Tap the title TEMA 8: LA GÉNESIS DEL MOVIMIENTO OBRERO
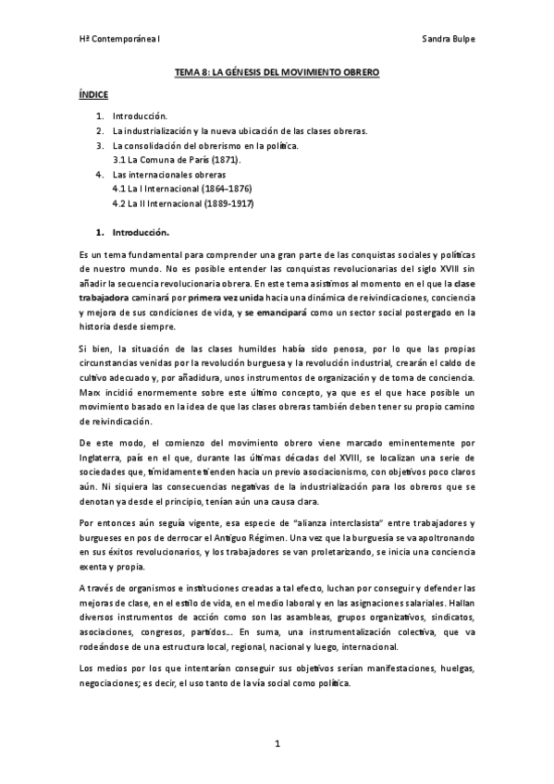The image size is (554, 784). click(x=277, y=72)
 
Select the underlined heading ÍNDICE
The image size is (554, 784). click(x=93, y=95)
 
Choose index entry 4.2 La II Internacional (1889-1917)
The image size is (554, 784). click(x=182, y=202)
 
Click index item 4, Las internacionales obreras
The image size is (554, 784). click(x=154, y=175)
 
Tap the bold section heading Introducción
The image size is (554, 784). click(x=141, y=231)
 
